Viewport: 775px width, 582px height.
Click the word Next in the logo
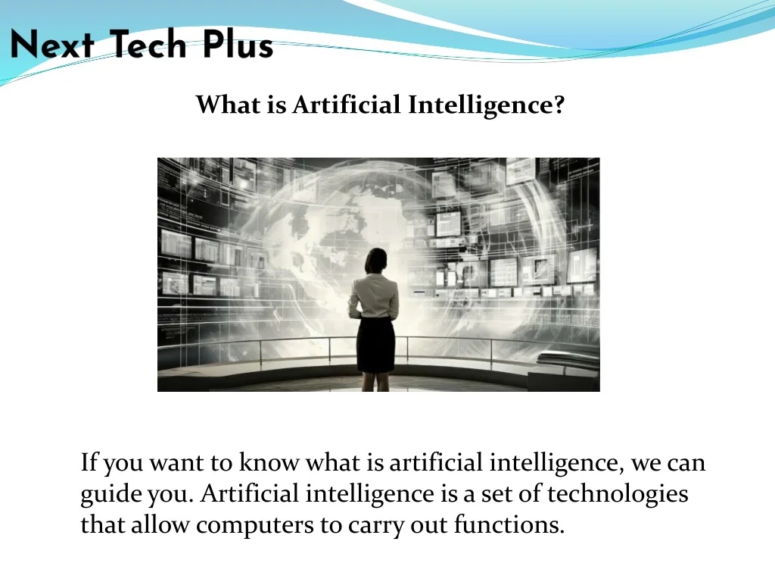click(x=52, y=44)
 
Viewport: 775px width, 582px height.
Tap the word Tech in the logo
click(x=148, y=44)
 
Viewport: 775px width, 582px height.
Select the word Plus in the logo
click(x=238, y=44)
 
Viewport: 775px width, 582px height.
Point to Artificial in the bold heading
click(x=346, y=105)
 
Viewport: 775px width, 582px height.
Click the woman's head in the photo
click(x=376, y=261)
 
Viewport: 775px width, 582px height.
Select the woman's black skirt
click(x=375, y=345)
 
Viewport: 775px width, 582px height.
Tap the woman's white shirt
click(x=374, y=296)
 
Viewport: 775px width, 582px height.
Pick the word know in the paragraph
click(x=269, y=462)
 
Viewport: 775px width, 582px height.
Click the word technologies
click(x=618, y=495)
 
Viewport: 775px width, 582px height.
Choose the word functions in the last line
click(x=509, y=524)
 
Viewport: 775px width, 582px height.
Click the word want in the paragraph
click(x=176, y=463)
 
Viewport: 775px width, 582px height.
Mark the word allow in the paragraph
click(x=160, y=524)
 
